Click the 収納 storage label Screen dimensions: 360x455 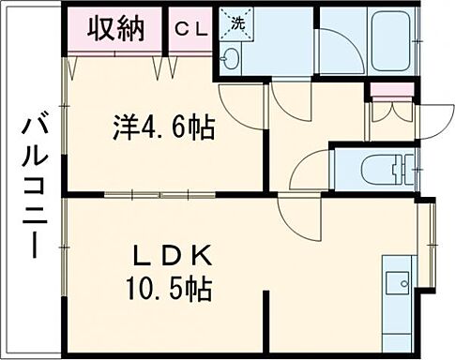pos(116,29)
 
